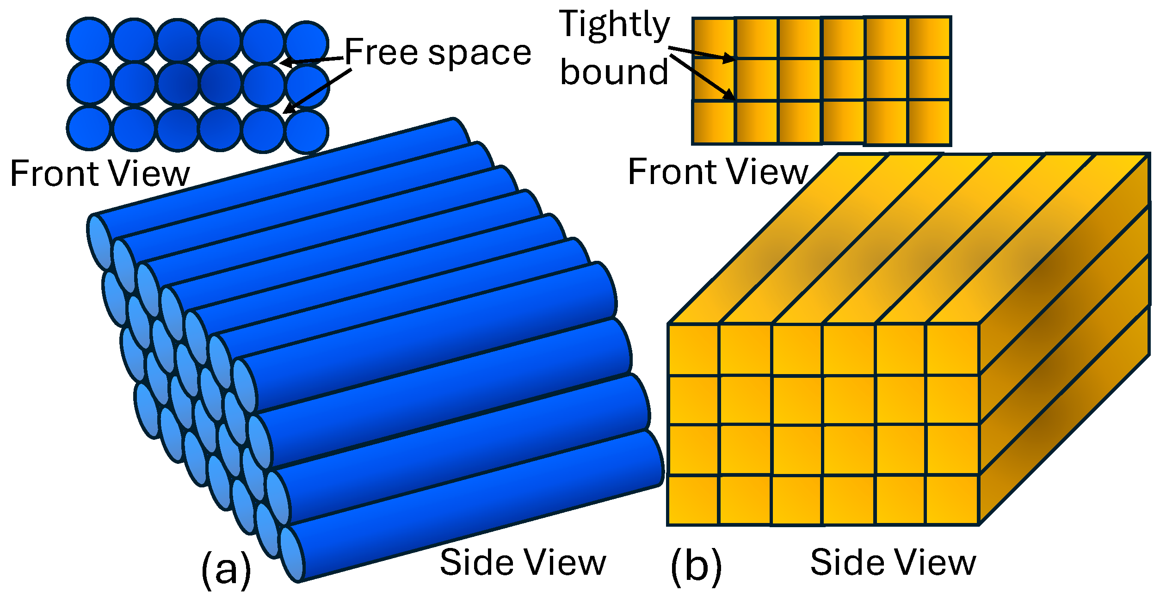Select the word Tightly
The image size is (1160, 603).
[615, 25]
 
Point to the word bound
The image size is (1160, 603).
[614, 72]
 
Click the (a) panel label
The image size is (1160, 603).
[226, 568]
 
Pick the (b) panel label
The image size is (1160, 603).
[696, 566]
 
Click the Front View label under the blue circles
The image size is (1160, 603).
[100, 174]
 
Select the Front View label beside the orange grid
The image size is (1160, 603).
[718, 172]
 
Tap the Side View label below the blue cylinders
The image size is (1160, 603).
[523, 563]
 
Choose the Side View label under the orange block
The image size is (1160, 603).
[893, 563]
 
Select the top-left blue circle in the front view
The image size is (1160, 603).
[89, 39]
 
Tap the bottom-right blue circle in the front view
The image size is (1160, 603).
[306, 131]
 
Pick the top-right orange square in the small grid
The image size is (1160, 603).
[929, 37]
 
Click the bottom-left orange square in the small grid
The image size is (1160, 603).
[713, 122]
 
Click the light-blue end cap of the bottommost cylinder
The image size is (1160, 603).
[292, 554]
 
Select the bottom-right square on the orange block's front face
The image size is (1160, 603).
[952, 500]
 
